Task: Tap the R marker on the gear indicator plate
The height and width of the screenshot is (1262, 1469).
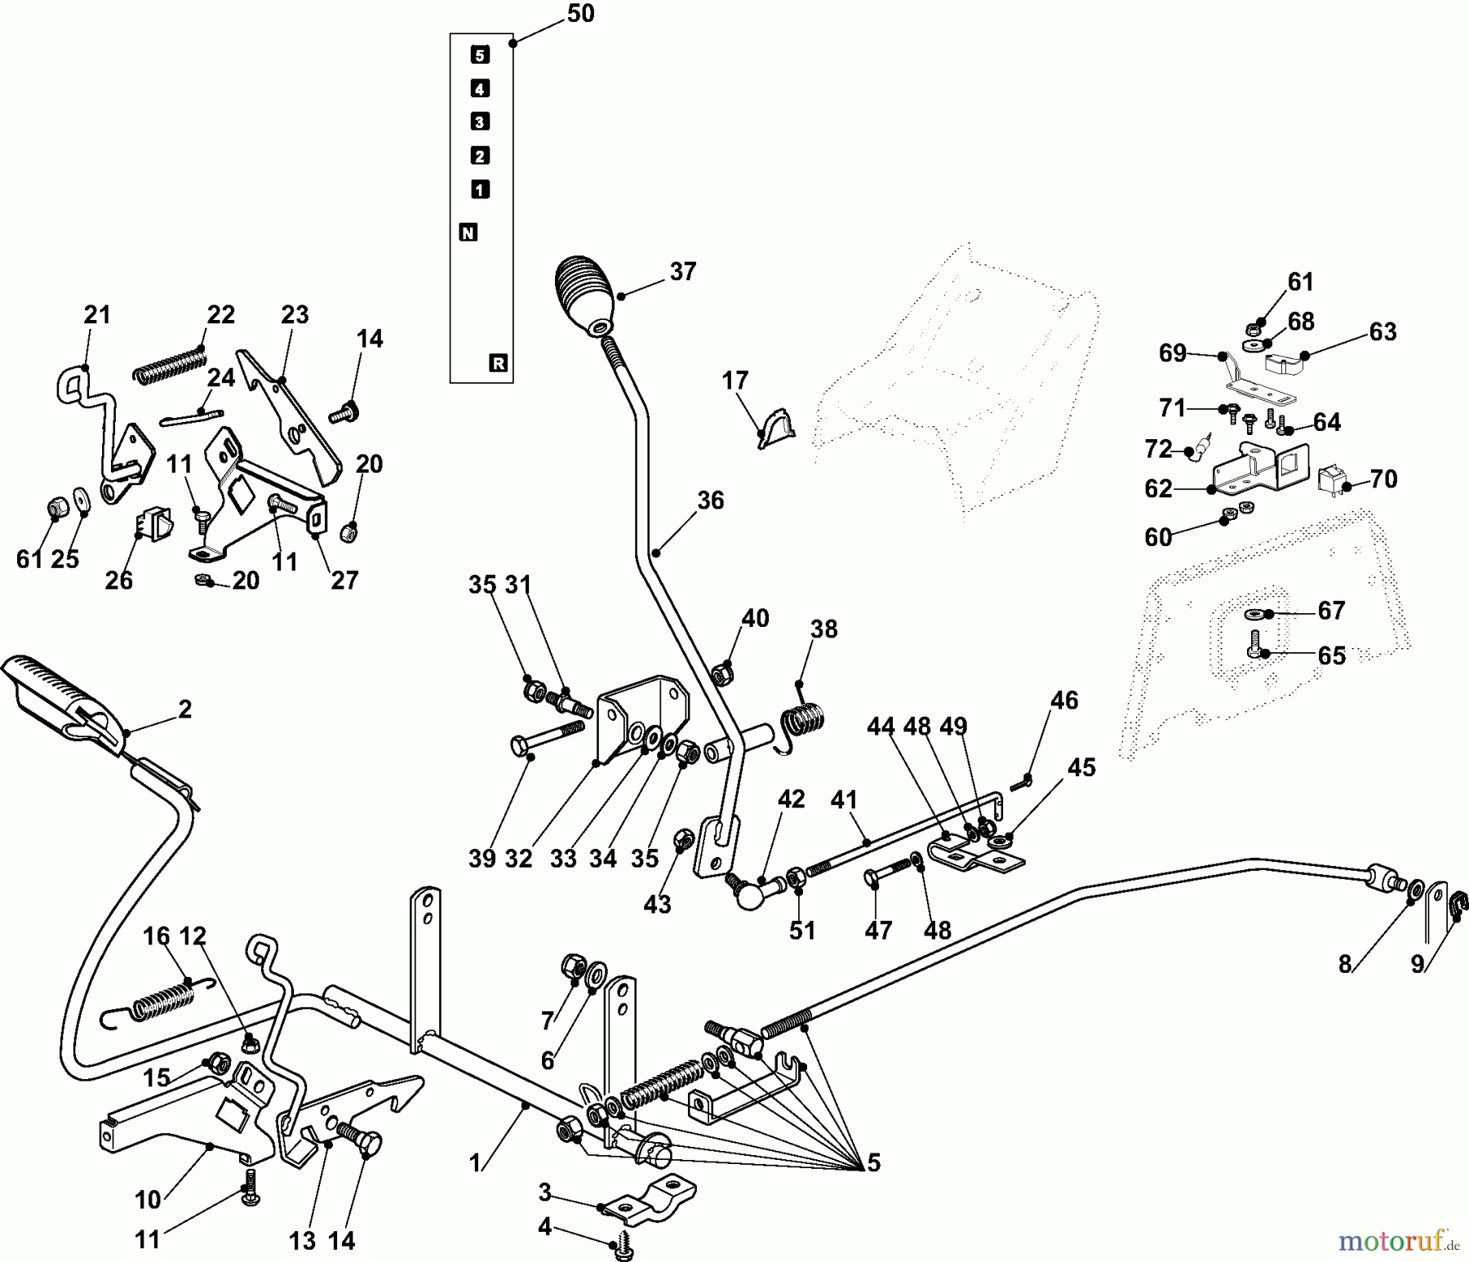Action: [498, 363]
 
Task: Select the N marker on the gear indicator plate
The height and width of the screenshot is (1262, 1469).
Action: [468, 233]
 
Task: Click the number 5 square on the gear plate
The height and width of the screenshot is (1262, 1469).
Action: [480, 55]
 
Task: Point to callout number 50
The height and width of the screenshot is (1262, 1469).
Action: [580, 14]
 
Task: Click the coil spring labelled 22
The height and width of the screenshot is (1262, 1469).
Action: [169, 363]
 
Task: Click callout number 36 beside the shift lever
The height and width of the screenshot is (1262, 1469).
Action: [710, 500]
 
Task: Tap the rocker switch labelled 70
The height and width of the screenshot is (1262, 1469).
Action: [1332, 480]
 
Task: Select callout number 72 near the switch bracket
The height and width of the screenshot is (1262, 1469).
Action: [1158, 449]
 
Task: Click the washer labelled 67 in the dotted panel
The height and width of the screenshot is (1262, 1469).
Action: [1254, 614]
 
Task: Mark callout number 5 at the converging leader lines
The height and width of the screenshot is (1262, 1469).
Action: [874, 1162]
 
